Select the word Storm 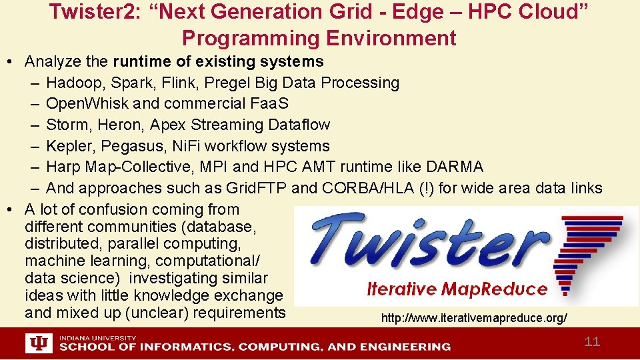click(65, 125)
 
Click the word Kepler click(68, 146)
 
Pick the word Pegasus click(129, 146)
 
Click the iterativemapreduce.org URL click(474, 319)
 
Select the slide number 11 click(592, 342)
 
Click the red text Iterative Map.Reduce click(457, 289)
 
